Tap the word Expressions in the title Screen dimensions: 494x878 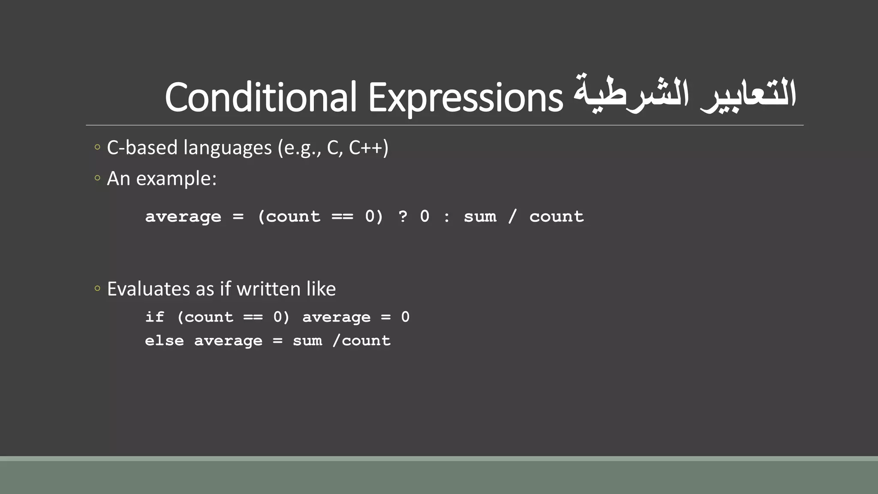click(465, 98)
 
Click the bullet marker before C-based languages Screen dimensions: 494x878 click(97, 148)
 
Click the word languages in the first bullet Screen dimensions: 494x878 click(228, 148)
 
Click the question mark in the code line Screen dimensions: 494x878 click(403, 217)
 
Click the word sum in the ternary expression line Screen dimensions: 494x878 click(480, 217)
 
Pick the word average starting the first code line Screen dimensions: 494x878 click(183, 217)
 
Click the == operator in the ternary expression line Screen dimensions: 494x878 click(342, 217)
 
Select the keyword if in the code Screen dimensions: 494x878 click(154, 317)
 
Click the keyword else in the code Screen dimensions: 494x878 click(164, 341)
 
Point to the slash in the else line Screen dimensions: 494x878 click(336, 341)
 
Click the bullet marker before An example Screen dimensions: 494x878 click(97, 178)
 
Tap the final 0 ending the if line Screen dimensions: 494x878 click(405, 317)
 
